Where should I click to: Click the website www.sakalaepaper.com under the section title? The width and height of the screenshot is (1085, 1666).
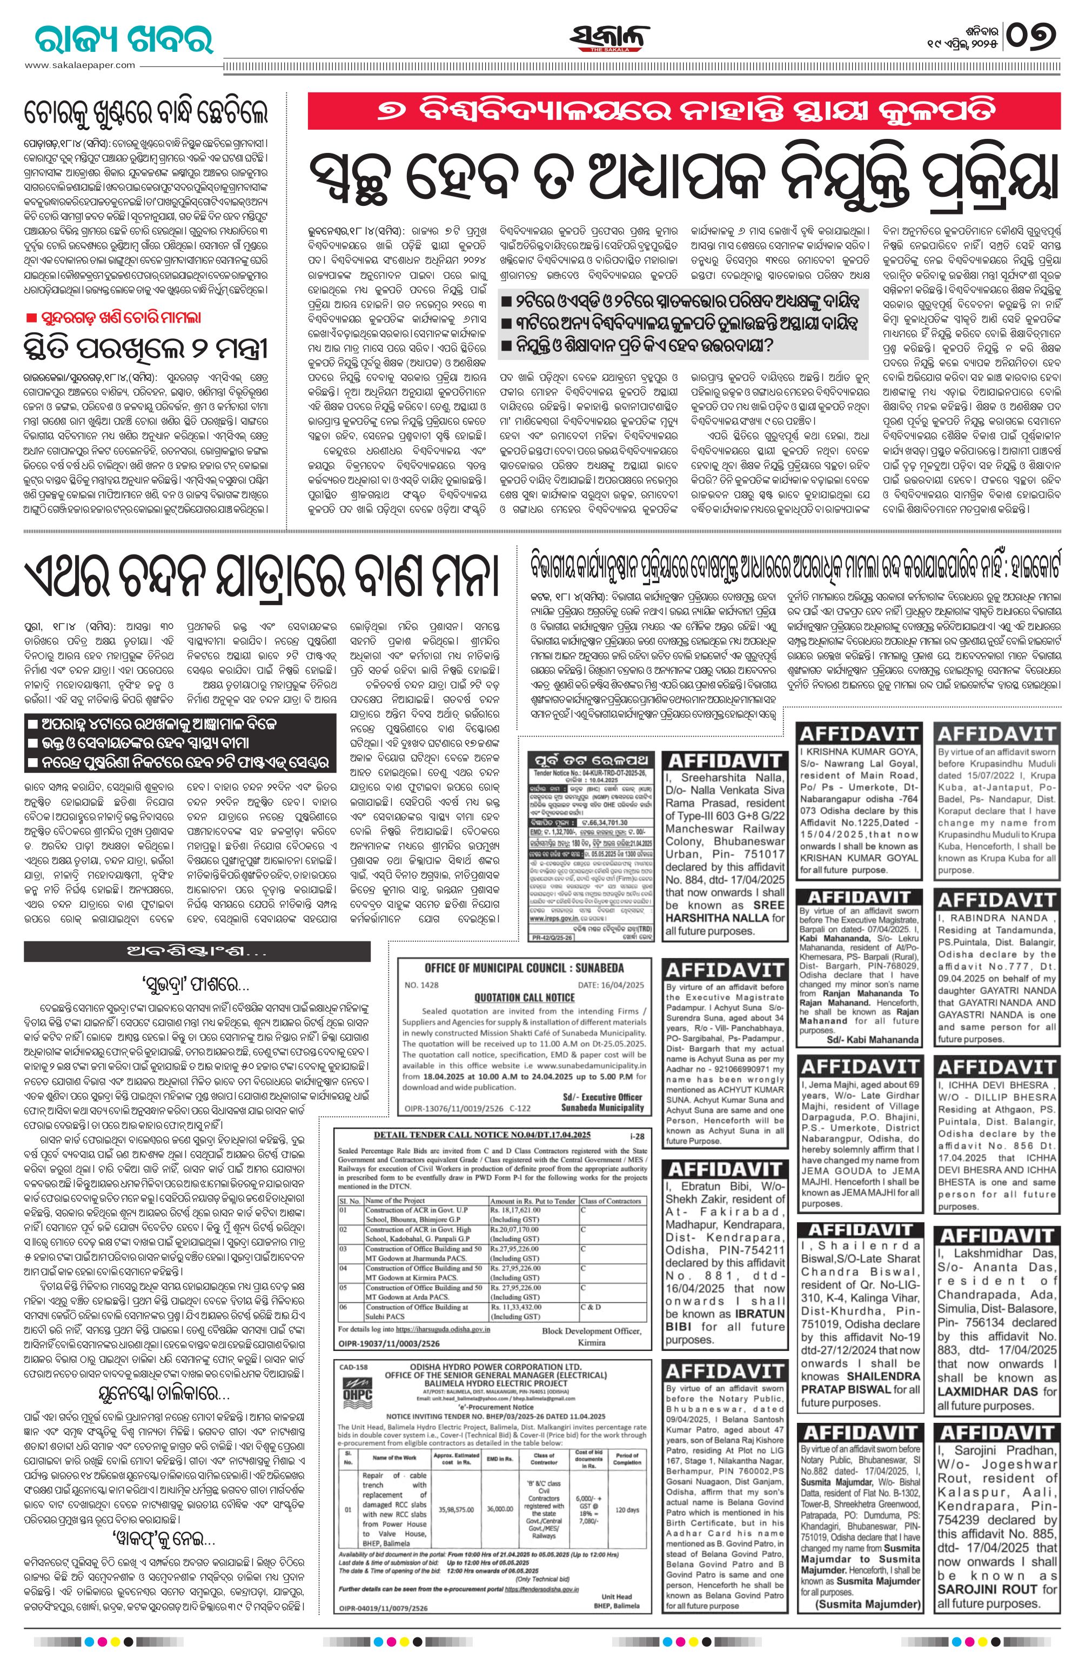81,65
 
